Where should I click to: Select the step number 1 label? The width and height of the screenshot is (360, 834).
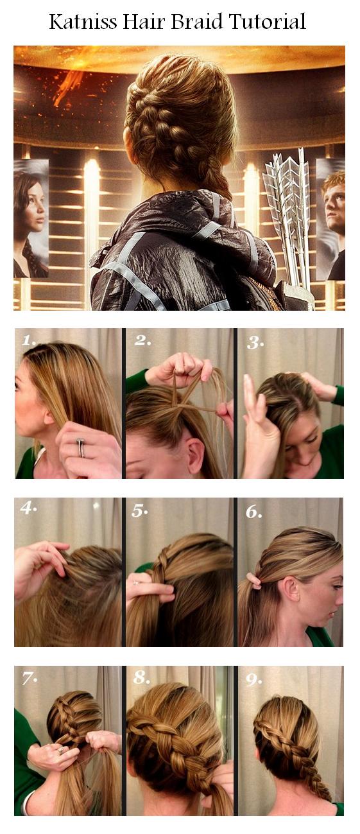click(x=30, y=340)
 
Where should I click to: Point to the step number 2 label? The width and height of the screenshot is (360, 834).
click(x=142, y=340)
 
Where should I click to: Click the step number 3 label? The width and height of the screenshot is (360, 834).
click(x=255, y=342)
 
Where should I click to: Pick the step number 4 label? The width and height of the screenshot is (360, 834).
click(x=28, y=508)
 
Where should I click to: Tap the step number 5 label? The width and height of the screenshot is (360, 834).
click(x=140, y=510)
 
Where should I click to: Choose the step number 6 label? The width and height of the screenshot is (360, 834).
click(x=254, y=511)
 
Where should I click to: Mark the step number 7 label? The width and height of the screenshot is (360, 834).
click(x=30, y=678)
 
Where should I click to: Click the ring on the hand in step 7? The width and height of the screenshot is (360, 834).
click(x=60, y=750)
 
